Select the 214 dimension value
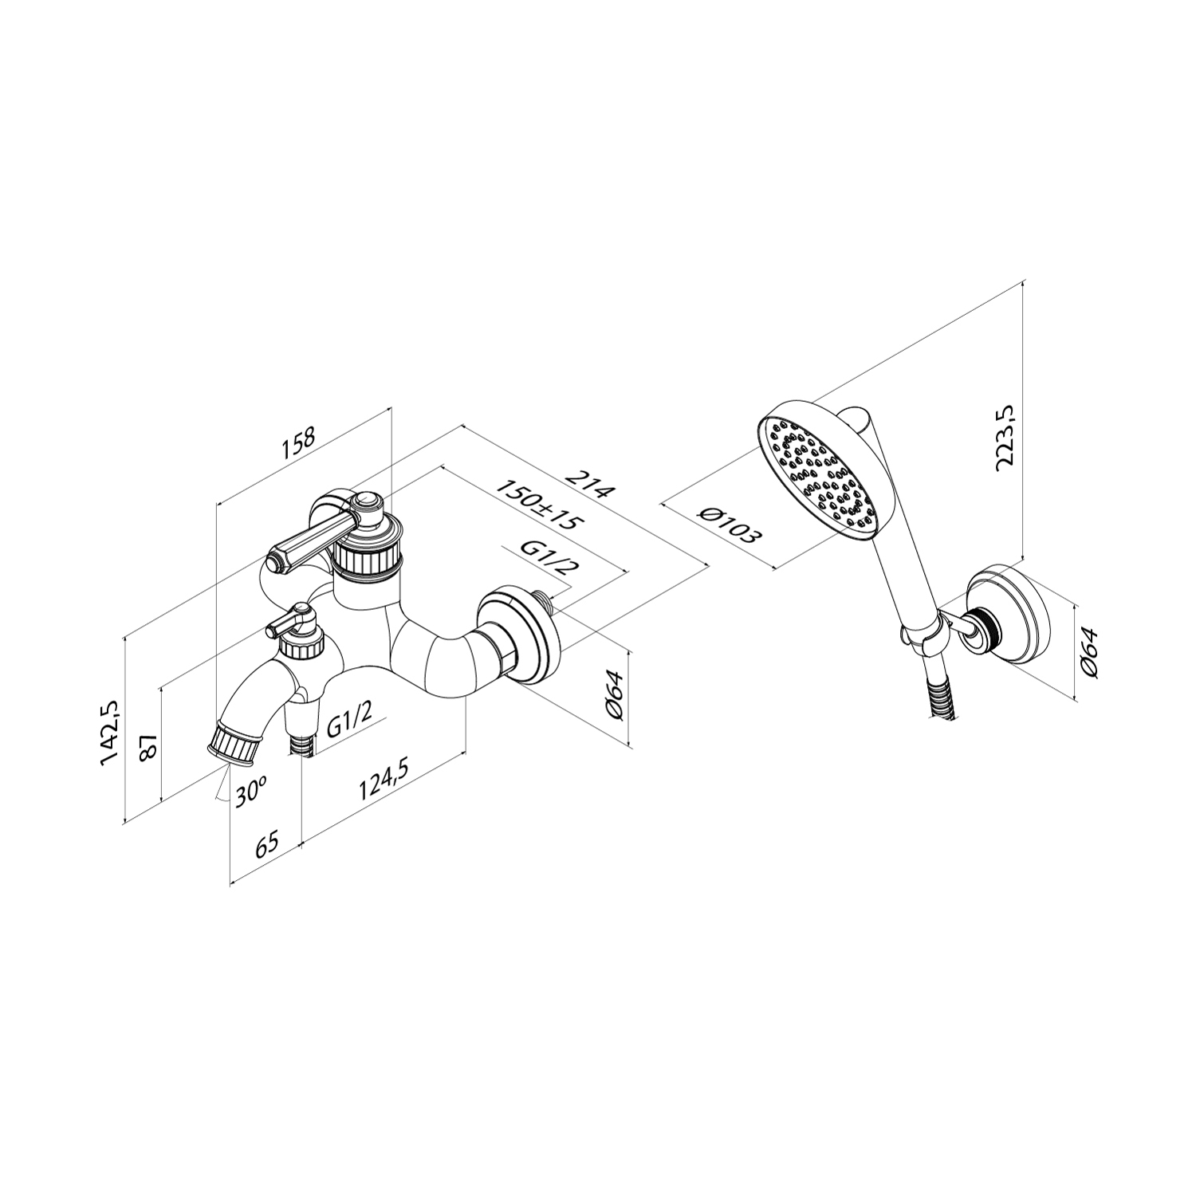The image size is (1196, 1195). [591, 482]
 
